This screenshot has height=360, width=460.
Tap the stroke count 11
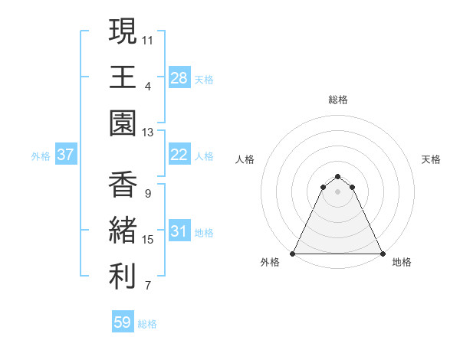click(x=148, y=39)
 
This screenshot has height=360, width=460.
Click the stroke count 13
click(x=148, y=133)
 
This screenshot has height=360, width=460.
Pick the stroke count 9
click(x=147, y=194)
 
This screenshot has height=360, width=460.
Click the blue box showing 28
click(x=179, y=77)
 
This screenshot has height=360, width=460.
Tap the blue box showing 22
click(x=179, y=155)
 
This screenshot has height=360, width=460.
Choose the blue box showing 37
click(x=66, y=155)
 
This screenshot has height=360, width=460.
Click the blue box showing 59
click(x=123, y=322)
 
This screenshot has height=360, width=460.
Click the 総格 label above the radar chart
click(x=338, y=100)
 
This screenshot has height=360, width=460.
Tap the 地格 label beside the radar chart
click(x=402, y=263)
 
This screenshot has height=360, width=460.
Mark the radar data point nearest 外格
click(x=293, y=254)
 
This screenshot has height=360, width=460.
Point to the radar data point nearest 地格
click(x=383, y=254)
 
